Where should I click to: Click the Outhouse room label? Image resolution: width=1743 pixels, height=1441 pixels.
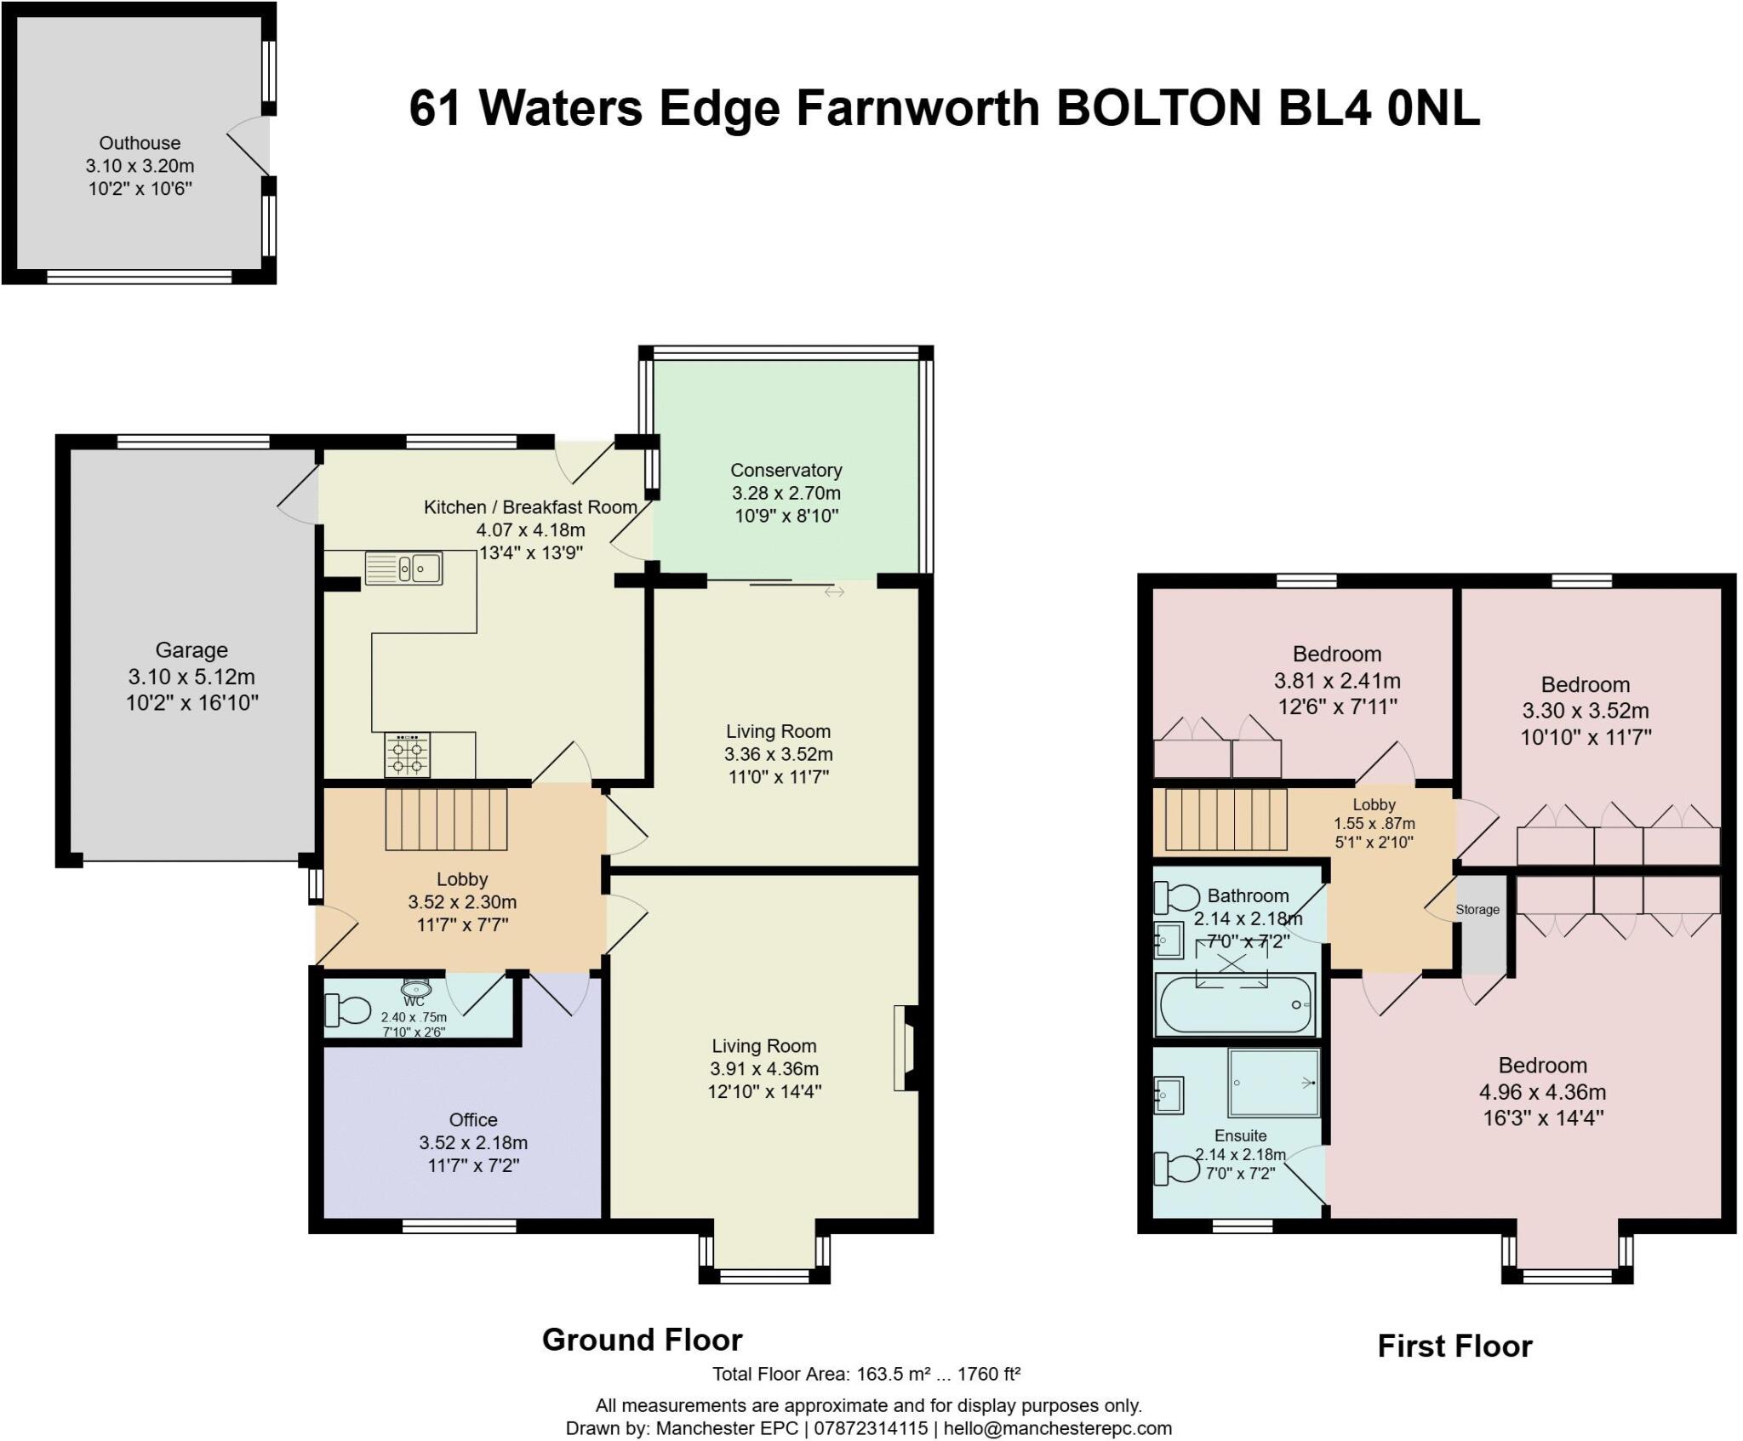coord(140,143)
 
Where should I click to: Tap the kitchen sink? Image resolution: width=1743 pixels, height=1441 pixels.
coord(403,568)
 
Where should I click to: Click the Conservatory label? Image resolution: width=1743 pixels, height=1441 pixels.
coord(786,470)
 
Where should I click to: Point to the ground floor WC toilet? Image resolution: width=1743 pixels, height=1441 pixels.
coord(348,1010)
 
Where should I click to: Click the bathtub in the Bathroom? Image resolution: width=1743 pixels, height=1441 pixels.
coord(1235,1004)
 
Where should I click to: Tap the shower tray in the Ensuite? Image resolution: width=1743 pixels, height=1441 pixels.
coord(1274,1083)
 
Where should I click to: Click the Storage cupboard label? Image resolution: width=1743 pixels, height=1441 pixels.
coord(1477,909)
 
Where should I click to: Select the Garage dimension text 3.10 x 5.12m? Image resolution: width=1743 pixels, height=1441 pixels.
coord(191,677)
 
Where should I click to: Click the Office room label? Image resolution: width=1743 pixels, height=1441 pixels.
coord(473,1120)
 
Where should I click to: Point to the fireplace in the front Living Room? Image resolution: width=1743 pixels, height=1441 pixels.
coord(906,1048)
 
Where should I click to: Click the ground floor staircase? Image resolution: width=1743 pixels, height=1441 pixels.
coord(446,819)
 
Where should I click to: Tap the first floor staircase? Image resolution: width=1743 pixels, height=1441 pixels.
coord(1226,819)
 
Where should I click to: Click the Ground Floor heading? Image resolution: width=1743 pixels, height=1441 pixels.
coord(643,1340)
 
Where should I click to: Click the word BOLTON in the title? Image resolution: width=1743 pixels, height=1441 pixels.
coord(1158,109)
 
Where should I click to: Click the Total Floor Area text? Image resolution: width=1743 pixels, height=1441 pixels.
coord(866,1373)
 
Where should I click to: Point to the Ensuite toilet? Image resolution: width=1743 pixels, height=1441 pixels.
coord(1177,1169)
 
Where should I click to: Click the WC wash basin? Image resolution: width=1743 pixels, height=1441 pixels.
coord(416,988)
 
